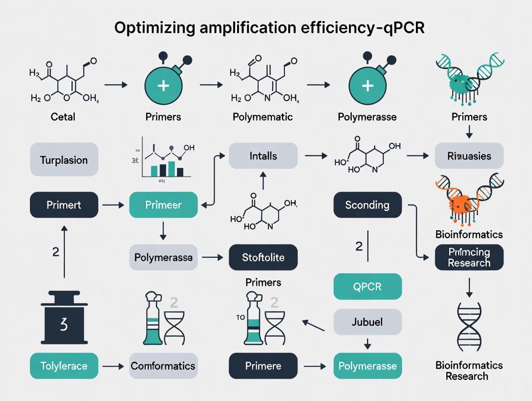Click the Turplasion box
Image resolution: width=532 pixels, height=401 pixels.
(64, 160)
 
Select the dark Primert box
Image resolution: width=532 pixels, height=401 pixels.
(64, 205)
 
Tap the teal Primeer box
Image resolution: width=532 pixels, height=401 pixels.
(163, 205)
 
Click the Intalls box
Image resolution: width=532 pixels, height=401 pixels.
(263, 156)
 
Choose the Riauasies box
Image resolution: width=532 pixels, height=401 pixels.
(469, 156)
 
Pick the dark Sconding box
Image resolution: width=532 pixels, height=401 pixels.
(367, 205)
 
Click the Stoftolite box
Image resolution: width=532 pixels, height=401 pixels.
(263, 257)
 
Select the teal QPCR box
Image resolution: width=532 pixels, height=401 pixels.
(367, 287)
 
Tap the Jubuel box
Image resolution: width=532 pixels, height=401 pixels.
(367, 321)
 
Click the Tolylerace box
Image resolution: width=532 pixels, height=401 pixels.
(64, 366)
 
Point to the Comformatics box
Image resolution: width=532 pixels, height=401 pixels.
(163, 366)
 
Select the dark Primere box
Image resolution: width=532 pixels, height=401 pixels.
(263, 366)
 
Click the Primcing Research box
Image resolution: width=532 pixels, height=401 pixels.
(469, 257)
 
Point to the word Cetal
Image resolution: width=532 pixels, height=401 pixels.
(63, 117)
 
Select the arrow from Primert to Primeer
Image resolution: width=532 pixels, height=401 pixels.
(113, 205)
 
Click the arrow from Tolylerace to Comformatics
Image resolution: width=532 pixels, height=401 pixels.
(113, 366)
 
